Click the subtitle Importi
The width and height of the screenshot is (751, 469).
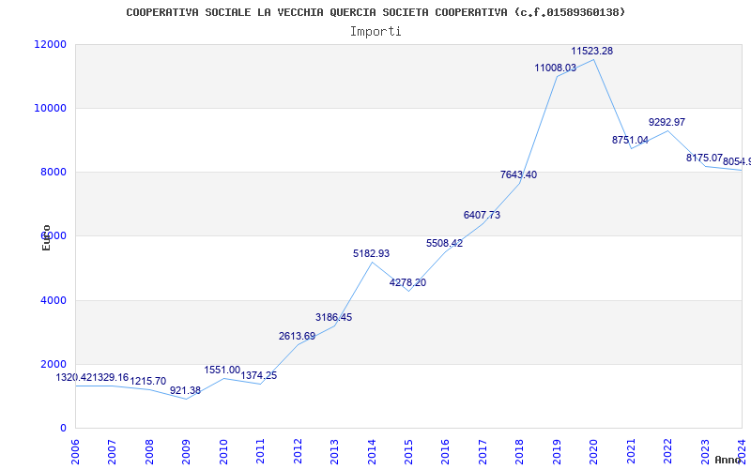(x=375, y=31)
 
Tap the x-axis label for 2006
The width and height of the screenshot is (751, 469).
(x=76, y=449)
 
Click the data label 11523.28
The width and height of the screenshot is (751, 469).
(x=591, y=51)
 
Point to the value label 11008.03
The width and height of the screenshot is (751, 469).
(x=555, y=68)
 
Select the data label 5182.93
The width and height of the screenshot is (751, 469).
(x=371, y=253)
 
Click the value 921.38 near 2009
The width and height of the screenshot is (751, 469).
(x=185, y=390)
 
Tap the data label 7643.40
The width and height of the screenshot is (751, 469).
(x=518, y=174)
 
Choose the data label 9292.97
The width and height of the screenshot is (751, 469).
(x=667, y=122)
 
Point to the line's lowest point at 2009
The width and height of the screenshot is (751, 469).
(x=187, y=399)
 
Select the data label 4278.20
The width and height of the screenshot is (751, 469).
(x=407, y=282)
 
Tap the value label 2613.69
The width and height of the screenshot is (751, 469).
(x=297, y=336)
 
